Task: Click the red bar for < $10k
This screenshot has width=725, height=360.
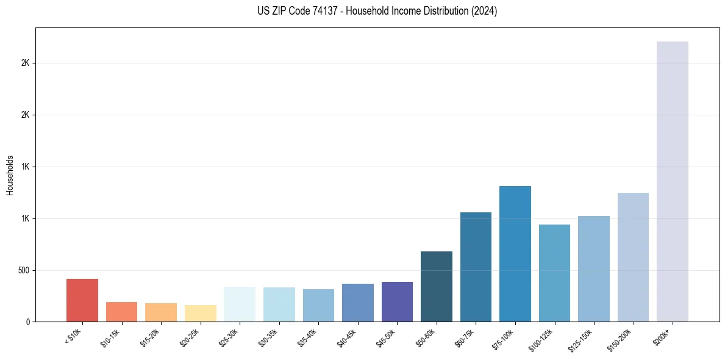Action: (x=82, y=300)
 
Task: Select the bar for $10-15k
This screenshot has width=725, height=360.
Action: (x=121, y=312)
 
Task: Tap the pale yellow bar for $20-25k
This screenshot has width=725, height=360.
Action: (x=200, y=314)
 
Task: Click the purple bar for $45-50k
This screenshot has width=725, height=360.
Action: (x=397, y=302)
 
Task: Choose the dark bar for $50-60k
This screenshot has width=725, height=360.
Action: (x=437, y=287)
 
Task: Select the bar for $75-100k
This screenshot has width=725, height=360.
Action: (x=515, y=254)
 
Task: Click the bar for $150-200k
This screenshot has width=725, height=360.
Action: (x=633, y=257)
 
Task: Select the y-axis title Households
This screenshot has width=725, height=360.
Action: (x=10, y=175)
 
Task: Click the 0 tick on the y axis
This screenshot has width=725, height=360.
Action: (x=27, y=322)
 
